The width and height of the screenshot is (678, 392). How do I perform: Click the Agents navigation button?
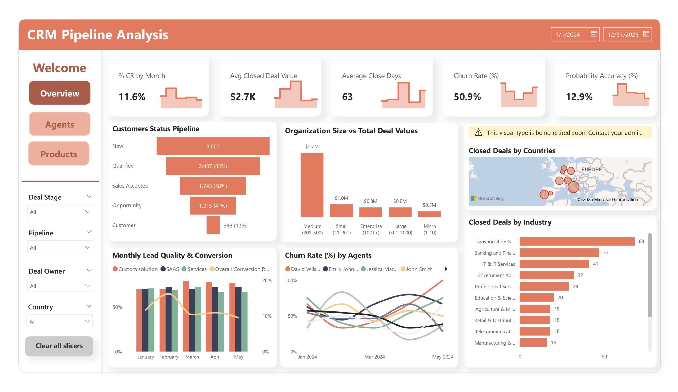(60, 124)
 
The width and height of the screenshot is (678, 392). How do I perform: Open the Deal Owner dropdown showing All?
(60, 286)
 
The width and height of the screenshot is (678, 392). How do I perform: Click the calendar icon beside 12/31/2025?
(646, 34)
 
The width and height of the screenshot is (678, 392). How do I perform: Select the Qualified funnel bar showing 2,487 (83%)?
(213, 166)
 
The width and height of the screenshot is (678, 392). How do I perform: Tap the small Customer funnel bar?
(213, 225)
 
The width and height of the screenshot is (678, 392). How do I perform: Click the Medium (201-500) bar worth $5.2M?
(312, 185)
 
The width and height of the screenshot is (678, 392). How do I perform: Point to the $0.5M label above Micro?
(429, 205)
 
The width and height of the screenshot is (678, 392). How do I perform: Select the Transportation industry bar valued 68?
(577, 241)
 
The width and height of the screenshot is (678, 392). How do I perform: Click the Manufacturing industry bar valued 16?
(533, 342)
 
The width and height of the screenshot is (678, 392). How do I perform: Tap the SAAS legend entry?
(170, 269)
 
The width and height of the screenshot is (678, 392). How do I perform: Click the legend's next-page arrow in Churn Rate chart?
(446, 269)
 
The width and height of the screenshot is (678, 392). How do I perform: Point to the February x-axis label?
(169, 357)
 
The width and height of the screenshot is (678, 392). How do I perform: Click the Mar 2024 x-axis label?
(374, 357)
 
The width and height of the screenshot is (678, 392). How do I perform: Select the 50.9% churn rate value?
(467, 97)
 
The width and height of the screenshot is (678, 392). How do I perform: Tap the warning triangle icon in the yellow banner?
(478, 132)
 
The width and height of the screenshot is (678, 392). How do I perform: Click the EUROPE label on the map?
(591, 169)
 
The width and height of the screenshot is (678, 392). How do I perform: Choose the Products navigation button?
(59, 154)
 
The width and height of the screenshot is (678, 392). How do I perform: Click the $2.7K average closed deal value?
(243, 97)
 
